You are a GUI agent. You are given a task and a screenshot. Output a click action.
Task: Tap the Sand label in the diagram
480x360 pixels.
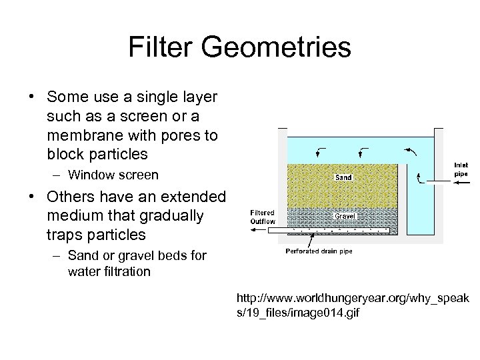point(343,177)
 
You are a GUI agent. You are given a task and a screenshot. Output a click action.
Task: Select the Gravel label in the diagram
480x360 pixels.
point(345,217)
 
